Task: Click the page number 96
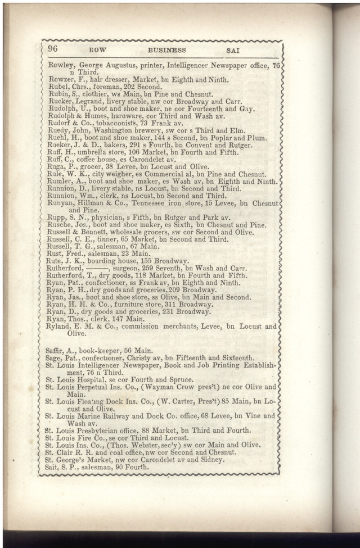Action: click(53, 49)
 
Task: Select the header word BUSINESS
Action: click(166, 51)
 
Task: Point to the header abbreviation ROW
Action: click(89, 51)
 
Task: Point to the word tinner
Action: click(112, 239)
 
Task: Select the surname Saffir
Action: click(57, 350)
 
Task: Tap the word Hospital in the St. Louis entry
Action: click(92, 379)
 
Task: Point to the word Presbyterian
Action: click(103, 431)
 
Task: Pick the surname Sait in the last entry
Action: click(53, 467)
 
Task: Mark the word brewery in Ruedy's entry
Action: click(146, 130)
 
